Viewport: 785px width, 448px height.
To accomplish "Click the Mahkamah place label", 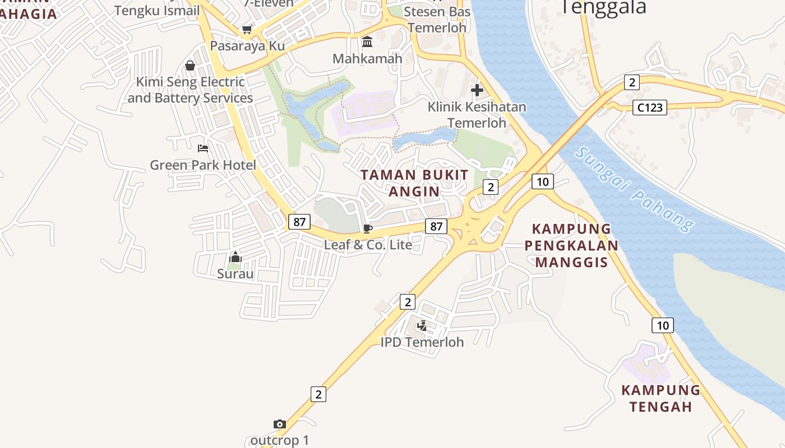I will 367,58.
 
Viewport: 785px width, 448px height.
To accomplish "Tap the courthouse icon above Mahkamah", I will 367,41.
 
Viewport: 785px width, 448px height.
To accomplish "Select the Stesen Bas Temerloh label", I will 437,20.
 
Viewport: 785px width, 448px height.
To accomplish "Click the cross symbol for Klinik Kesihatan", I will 477,90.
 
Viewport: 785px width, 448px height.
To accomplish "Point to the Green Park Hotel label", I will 202,165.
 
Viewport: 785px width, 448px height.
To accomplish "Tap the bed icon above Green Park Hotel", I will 203,148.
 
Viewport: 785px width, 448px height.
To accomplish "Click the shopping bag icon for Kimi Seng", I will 190,66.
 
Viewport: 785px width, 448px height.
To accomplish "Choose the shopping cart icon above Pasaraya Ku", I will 247,30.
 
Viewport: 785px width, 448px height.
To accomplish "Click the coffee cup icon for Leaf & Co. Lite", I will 368,228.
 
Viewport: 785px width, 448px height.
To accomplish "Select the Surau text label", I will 235,274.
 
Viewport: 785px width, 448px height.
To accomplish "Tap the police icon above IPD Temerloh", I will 422,325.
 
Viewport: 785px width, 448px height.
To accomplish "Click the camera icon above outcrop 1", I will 279,424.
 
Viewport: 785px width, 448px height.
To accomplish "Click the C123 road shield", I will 650,108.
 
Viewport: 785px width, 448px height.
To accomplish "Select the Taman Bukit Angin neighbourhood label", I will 414,183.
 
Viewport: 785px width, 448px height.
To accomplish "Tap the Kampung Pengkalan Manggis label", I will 572,245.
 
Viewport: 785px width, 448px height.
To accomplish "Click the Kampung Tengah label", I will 661,398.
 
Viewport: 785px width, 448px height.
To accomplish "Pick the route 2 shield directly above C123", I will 632,83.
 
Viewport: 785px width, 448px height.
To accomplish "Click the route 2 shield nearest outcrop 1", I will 318,394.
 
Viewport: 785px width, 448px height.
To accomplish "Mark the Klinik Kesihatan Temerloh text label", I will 477,114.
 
